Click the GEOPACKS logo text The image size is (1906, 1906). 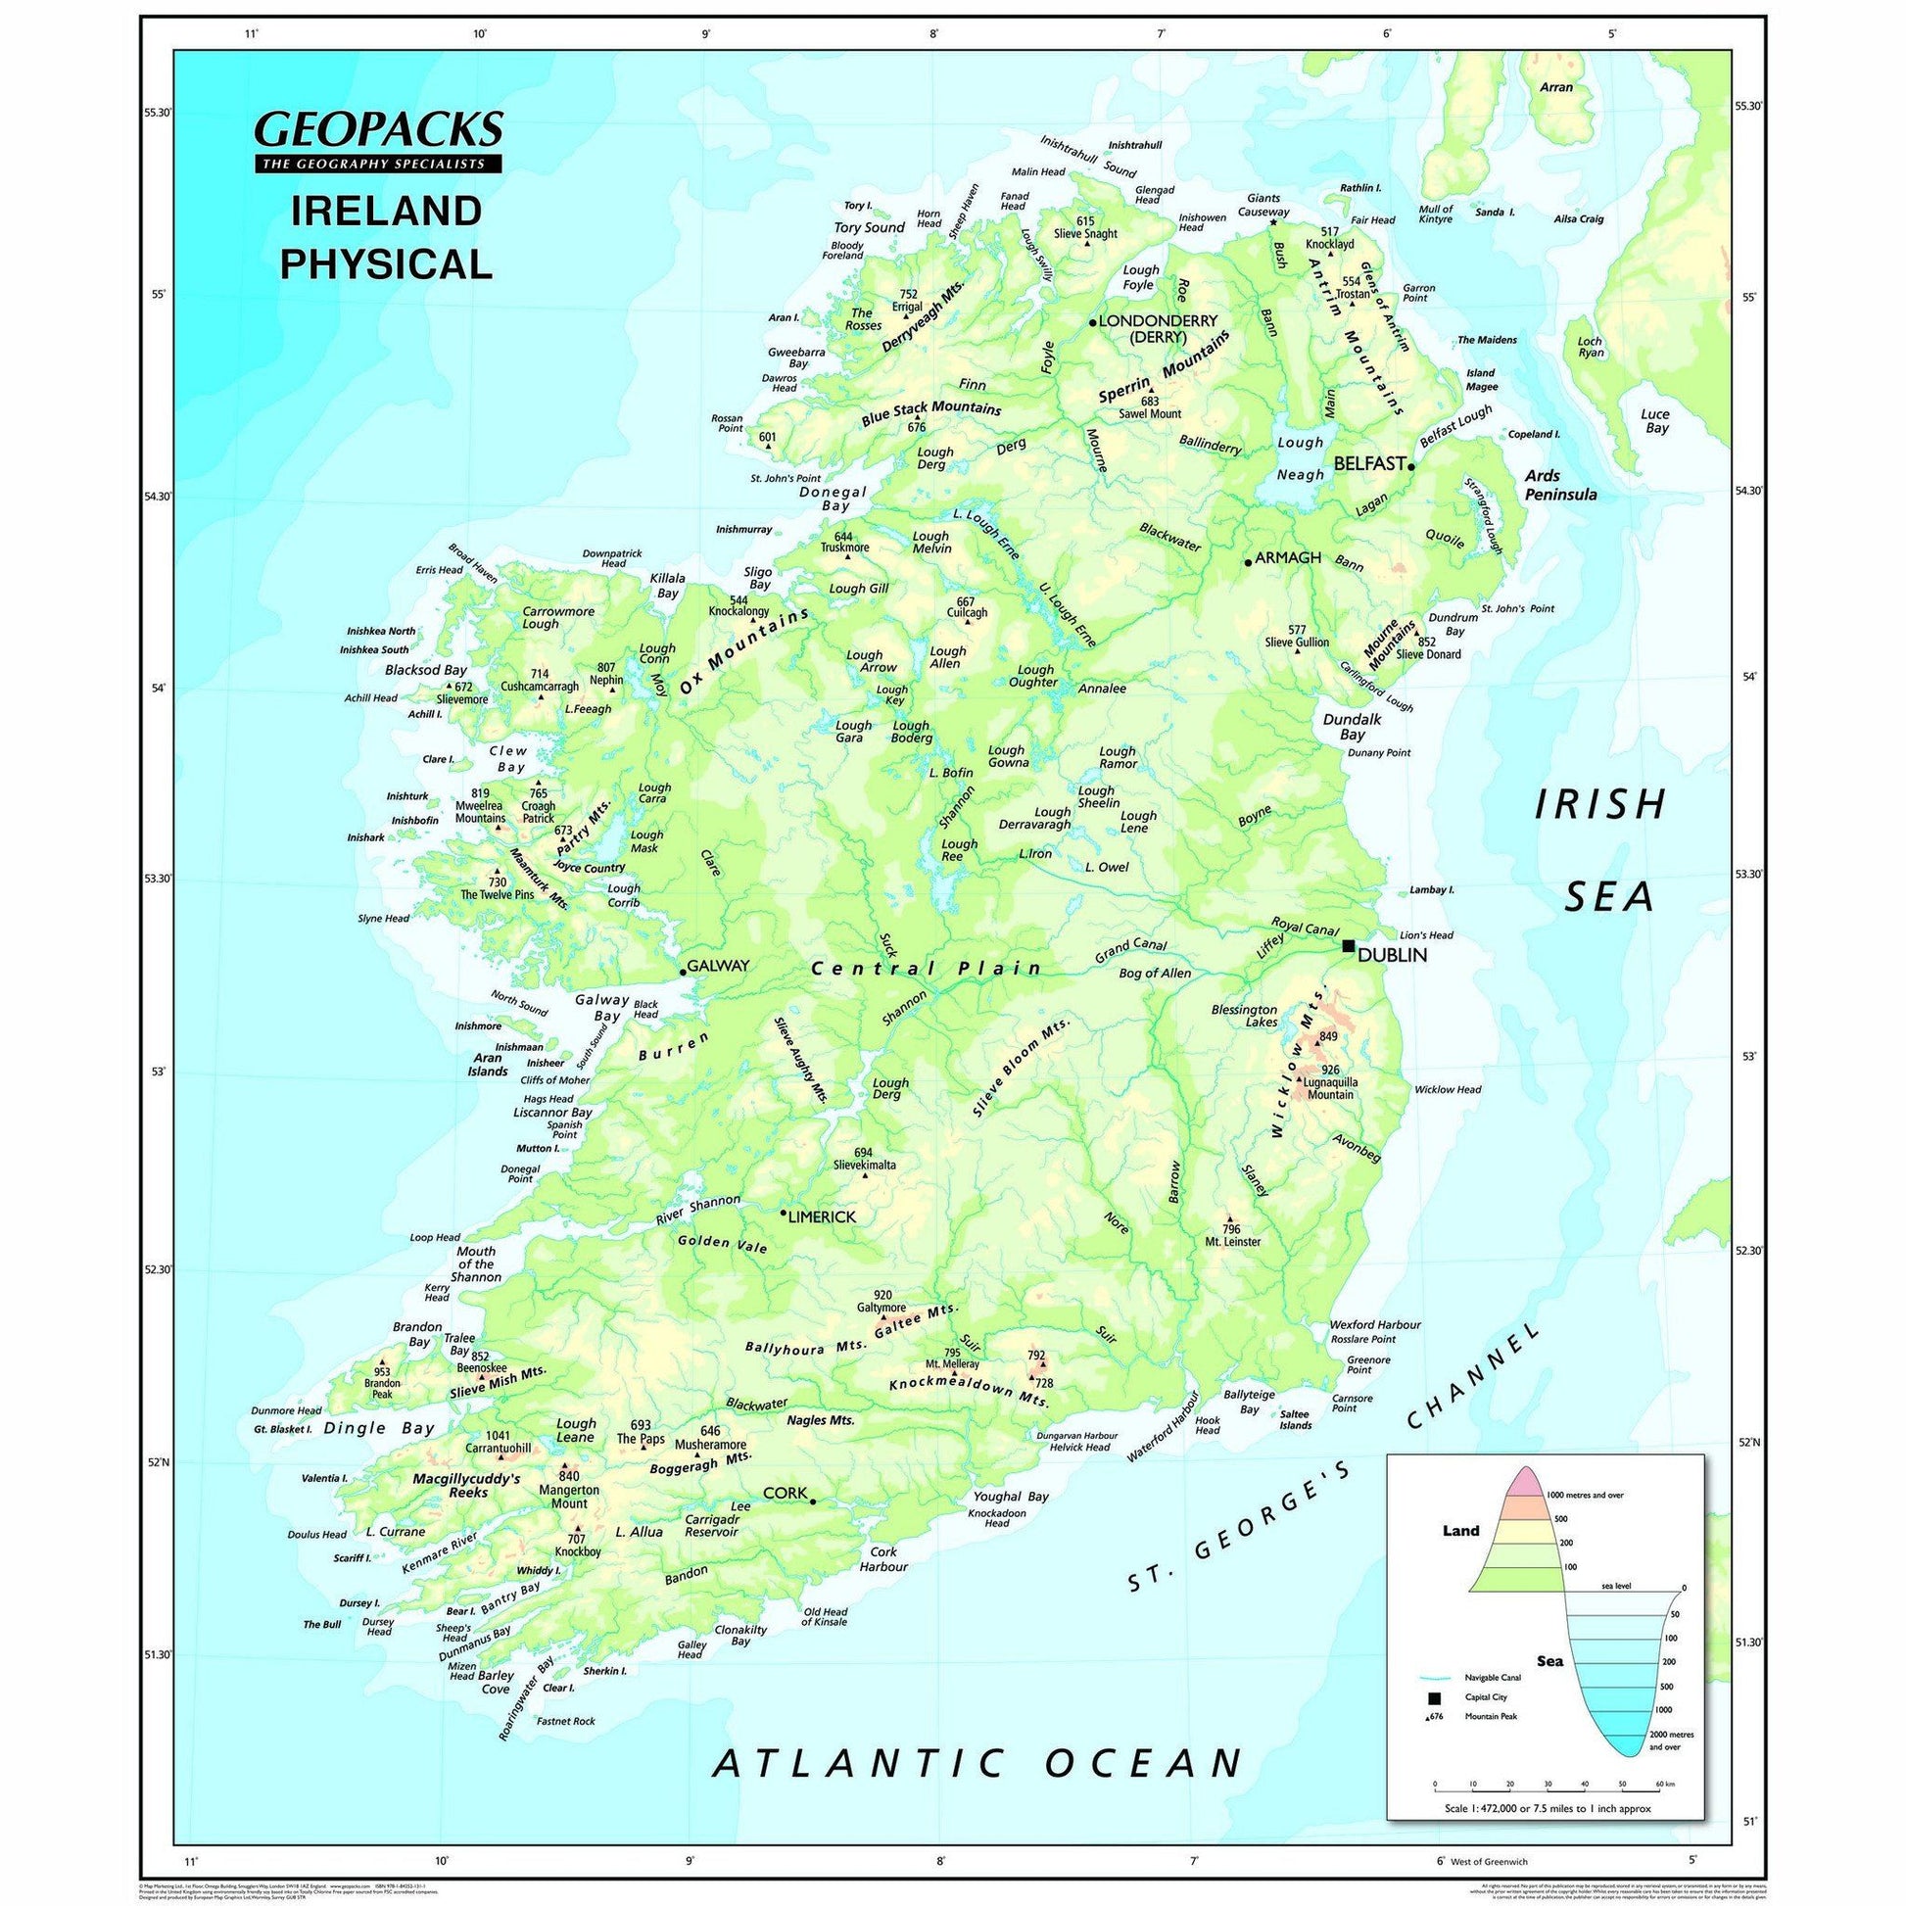379,129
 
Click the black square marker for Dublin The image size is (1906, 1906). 1349,945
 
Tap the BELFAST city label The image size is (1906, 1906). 1368,462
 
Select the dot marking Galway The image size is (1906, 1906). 682,972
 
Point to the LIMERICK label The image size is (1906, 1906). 822,1217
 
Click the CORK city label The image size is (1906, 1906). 786,1493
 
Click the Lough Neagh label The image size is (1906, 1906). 1301,458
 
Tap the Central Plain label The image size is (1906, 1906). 926,969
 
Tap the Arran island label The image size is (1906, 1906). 1555,87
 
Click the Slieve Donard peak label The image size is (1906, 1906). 1427,653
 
